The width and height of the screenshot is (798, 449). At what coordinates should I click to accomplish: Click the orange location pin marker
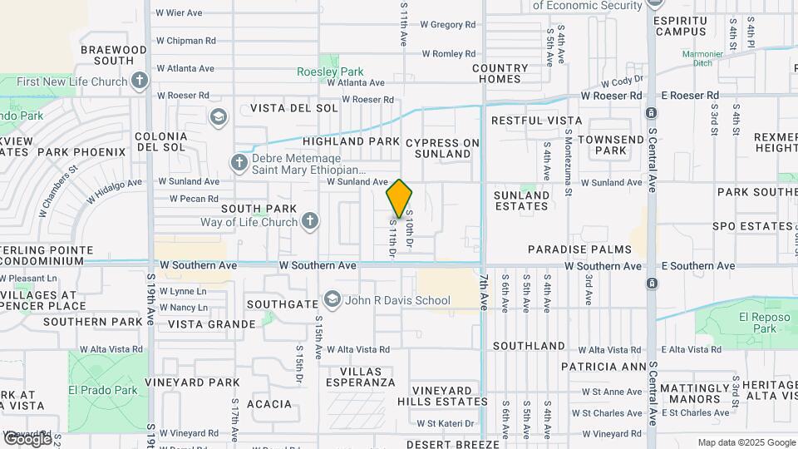[x=400, y=198]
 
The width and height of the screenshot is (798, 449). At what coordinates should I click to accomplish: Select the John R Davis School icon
[x=332, y=299]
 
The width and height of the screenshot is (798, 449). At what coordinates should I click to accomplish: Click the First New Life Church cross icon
[x=140, y=81]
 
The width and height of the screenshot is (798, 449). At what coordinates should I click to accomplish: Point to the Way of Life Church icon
[x=309, y=222]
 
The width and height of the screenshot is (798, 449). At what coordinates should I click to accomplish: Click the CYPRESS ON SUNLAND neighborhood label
[x=443, y=148]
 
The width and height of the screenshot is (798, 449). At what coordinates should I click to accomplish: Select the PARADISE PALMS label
[x=579, y=249]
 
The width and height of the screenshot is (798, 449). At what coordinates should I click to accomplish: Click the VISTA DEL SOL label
[x=294, y=108]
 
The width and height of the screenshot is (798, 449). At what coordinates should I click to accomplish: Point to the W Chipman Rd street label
[x=185, y=40]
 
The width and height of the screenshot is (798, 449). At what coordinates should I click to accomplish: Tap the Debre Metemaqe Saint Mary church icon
[x=239, y=163]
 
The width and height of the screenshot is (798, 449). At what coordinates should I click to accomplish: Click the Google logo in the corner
[x=27, y=438]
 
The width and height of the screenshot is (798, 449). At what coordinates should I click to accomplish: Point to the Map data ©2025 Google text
[x=746, y=442]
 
